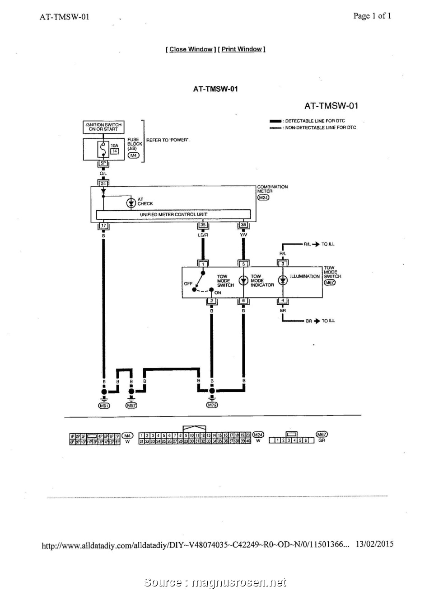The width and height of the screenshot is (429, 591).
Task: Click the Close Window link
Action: [x=191, y=49]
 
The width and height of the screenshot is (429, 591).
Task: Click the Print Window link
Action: [x=242, y=49]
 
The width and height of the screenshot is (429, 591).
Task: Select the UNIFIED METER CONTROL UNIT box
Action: [x=173, y=214]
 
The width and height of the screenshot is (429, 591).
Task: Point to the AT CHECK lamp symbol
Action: [x=131, y=203]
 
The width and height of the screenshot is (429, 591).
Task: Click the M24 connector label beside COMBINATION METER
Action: [x=263, y=197]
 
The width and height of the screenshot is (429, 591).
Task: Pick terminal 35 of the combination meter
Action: [x=203, y=225]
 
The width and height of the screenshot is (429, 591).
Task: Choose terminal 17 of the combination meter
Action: [x=103, y=225]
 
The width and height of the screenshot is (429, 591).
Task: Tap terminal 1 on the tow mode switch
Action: [x=203, y=264]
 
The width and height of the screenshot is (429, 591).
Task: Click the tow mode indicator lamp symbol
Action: [x=243, y=280]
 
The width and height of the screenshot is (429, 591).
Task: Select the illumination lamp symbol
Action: [x=283, y=280]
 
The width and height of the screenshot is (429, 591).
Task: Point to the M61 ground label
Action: [x=104, y=406]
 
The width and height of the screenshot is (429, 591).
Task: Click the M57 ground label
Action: [x=131, y=406]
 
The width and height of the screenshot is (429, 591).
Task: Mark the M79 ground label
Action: [x=212, y=406]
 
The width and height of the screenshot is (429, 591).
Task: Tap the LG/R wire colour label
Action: [x=203, y=235]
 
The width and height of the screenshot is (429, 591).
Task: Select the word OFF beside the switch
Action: [x=188, y=284]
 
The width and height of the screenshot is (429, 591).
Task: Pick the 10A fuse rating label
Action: [x=114, y=146]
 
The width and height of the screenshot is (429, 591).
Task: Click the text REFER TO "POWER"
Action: [x=168, y=140]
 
